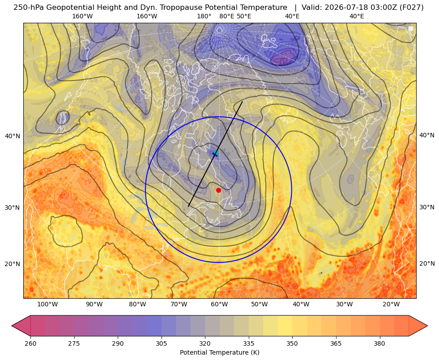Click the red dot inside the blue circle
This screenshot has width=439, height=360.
(219, 190)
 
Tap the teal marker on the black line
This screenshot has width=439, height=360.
(216, 152)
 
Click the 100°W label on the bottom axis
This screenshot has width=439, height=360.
(47, 305)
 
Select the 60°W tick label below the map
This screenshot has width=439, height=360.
(219, 305)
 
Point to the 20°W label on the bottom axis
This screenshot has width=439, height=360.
(391, 305)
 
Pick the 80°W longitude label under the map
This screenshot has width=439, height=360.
(137, 305)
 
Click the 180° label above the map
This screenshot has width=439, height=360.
(204, 16)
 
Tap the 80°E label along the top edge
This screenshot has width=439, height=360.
(226, 16)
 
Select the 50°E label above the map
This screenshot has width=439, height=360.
(244, 16)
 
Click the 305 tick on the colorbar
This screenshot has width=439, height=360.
(161, 343)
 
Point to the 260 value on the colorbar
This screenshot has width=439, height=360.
(30, 343)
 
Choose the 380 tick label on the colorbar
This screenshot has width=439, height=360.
(379, 343)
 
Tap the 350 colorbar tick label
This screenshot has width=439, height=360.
(292, 343)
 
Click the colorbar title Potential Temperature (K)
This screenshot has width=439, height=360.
(219, 352)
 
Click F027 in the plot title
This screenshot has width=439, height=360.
(412, 8)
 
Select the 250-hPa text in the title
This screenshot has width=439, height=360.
(29, 8)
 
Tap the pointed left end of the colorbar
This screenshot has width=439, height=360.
(12, 326)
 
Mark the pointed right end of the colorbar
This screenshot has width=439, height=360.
(427, 326)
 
